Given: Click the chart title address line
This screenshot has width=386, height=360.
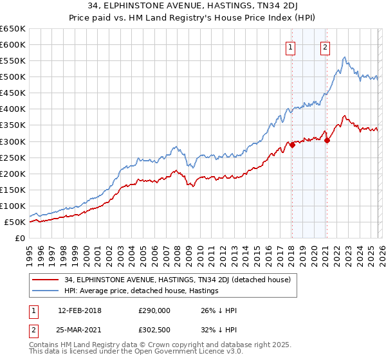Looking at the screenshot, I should pyautogui.click(x=192, y=6).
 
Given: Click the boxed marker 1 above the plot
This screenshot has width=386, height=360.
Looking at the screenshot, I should pyautogui.click(x=291, y=47).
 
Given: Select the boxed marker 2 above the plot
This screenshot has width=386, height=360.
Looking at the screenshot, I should pyautogui.click(x=326, y=47).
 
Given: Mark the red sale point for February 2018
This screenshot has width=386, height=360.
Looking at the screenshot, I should pyautogui.click(x=292, y=145).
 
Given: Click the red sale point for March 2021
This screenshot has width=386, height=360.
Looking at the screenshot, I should pyautogui.click(x=327, y=141).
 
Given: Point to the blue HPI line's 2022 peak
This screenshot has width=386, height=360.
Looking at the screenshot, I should pyautogui.click(x=345, y=58).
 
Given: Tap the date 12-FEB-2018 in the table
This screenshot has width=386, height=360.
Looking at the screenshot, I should pyautogui.click(x=79, y=310).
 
